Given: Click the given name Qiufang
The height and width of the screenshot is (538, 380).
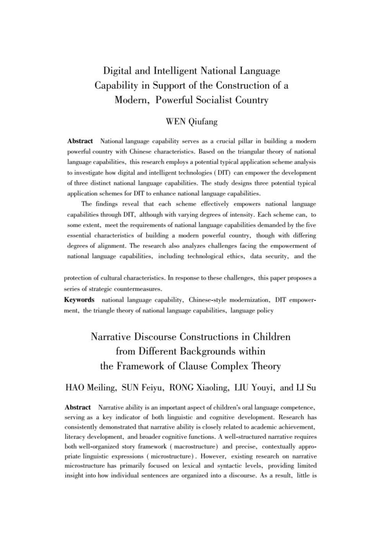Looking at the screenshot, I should [x=203, y=122].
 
